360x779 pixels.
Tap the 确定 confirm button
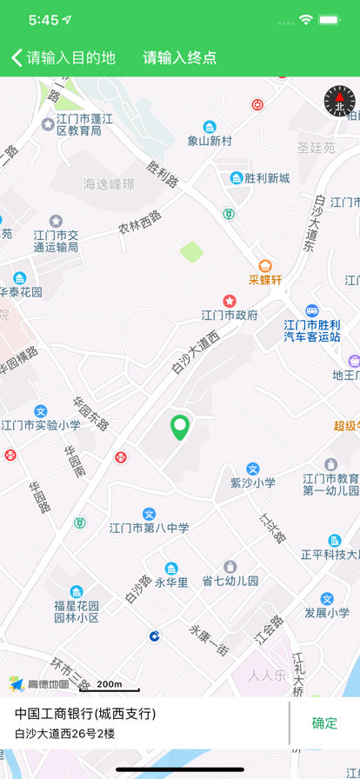pos(324,722)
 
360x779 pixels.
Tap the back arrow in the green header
pos(17,58)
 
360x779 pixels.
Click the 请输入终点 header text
pos(180,58)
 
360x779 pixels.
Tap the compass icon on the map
pos(339,101)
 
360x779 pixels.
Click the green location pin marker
pos(180,427)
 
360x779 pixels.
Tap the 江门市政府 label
pos(230,315)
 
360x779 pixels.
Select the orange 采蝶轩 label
pos(265,279)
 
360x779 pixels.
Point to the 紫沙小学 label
pos(252,482)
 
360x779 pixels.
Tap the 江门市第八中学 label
pos(149,527)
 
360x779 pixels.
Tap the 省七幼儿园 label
pos(230,580)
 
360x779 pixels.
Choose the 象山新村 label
pos(210,140)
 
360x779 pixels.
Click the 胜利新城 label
pos(266,178)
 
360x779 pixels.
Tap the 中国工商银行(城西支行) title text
pos(85,714)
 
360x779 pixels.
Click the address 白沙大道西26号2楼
pos(64,734)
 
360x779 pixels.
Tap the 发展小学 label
pos(327,612)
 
